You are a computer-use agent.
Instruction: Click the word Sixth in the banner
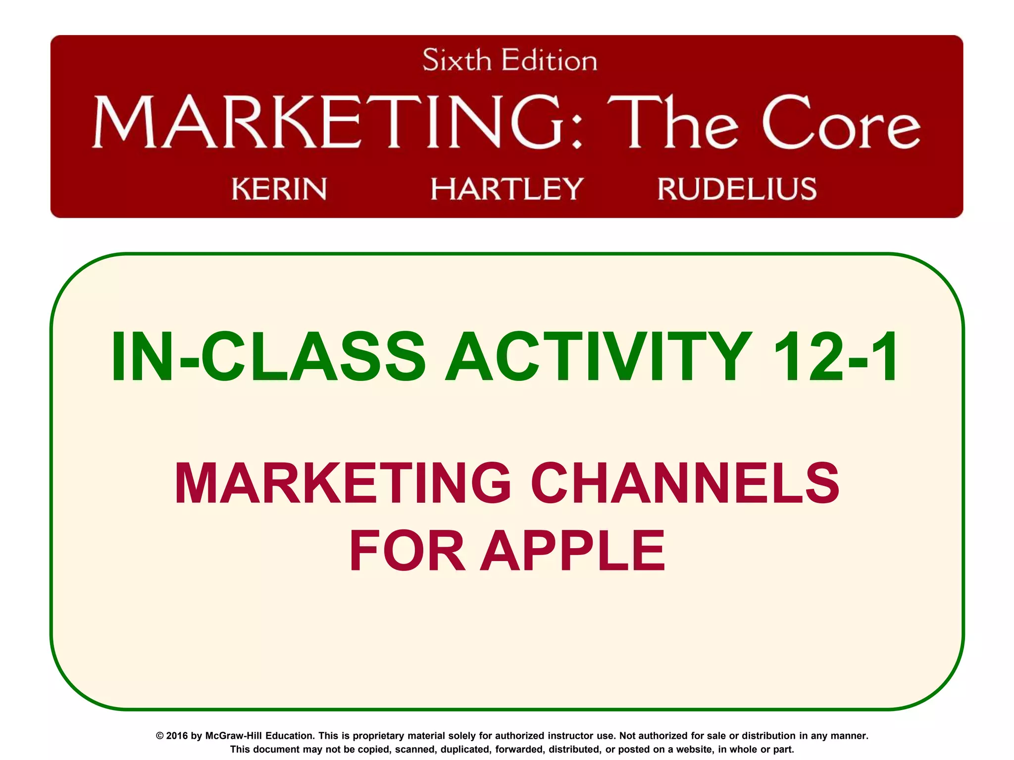click(x=456, y=61)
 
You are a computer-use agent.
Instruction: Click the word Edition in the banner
click(x=549, y=61)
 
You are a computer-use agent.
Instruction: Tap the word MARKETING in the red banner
click(x=327, y=122)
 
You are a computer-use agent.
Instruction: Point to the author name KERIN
click(x=279, y=189)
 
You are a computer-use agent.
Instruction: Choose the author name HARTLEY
click(x=507, y=189)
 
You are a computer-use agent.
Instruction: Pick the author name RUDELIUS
click(x=737, y=189)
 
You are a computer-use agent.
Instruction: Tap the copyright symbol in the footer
click(x=160, y=736)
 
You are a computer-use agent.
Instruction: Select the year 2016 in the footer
click(x=177, y=736)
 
